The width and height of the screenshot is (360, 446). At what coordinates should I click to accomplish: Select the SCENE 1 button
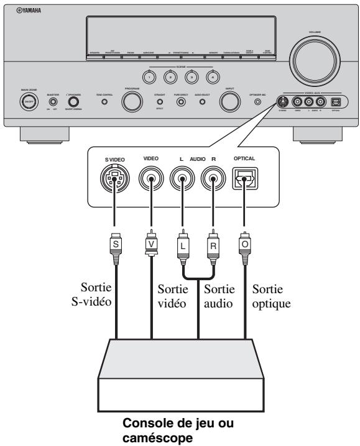pos(149,76)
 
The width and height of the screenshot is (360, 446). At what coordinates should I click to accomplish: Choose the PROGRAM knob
pos(132,101)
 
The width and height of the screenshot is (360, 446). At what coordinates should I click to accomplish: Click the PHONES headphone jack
pos(74,101)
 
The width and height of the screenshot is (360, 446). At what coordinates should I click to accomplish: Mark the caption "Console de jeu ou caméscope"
pos(180,429)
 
